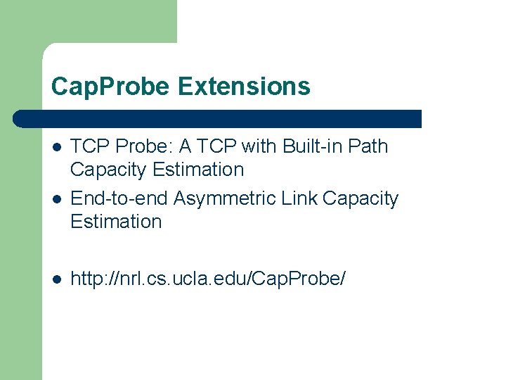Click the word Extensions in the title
[x=244, y=87]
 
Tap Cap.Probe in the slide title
[x=110, y=87]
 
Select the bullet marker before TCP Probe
[x=57, y=147]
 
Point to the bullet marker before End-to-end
[x=57, y=199]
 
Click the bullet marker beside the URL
[x=57, y=279]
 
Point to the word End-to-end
[x=119, y=199]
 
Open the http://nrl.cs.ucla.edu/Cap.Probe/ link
[x=208, y=279]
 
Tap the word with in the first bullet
[x=259, y=146]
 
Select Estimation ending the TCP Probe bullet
[x=198, y=170]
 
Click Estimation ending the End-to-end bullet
[x=116, y=222]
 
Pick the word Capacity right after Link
[x=360, y=199]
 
